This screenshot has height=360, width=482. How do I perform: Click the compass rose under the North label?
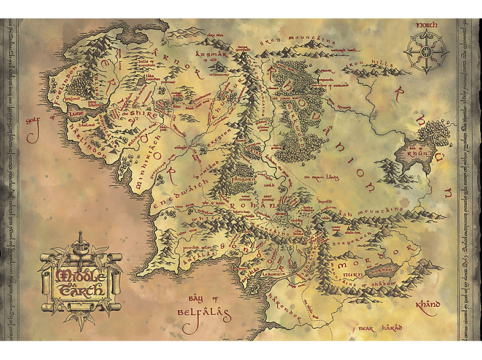(423, 53)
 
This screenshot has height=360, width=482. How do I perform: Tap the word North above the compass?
(425, 26)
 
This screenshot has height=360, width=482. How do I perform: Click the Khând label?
(427, 305)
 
